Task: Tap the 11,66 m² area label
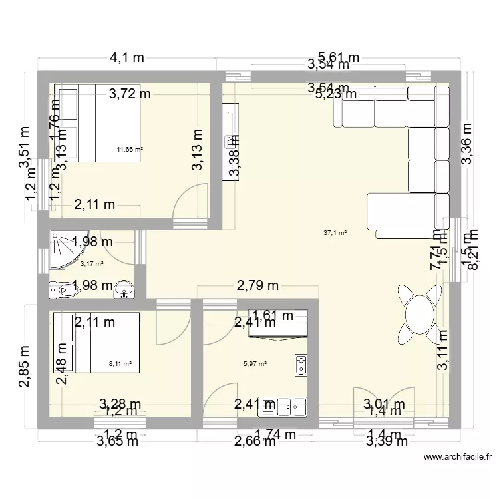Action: (x=130, y=150)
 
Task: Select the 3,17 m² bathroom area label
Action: (x=92, y=264)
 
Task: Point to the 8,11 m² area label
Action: (x=120, y=364)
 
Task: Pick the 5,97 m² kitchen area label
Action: (x=255, y=364)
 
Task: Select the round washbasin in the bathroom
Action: (x=124, y=289)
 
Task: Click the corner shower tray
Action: (x=65, y=250)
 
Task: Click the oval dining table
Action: (x=420, y=313)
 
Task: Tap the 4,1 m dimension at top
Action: (x=126, y=58)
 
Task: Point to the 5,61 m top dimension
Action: (x=339, y=57)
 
